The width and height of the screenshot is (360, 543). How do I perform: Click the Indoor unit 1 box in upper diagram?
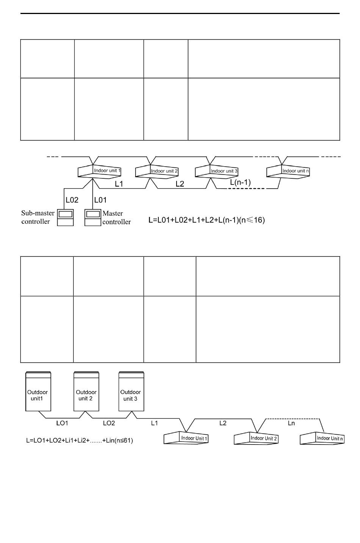point(100,171)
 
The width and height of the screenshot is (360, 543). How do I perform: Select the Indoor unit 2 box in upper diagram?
point(157,172)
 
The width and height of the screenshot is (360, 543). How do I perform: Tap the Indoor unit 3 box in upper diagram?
point(216,172)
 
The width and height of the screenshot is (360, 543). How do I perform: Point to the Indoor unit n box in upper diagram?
point(288,172)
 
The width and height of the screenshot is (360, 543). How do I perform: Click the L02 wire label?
point(72,200)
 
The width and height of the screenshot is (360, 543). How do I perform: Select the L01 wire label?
point(100,200)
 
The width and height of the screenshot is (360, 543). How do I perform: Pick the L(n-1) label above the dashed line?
point(240,182)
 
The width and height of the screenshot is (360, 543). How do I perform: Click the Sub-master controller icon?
point(65,217)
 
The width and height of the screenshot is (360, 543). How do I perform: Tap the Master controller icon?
point(92,217)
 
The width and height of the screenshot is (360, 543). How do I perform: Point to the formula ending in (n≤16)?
point(207,220)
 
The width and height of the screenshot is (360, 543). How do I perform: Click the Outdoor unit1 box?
point(38,392)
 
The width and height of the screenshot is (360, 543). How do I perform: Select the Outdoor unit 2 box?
point(86,392)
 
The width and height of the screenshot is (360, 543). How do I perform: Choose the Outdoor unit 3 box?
point(131,392)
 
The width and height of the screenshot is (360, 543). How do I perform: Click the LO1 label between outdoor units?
point(62,423)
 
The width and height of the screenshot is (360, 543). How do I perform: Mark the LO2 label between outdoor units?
point(109,423)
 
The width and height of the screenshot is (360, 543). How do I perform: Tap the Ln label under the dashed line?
point(291,423)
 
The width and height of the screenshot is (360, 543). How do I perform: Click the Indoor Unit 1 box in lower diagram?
point(186,438)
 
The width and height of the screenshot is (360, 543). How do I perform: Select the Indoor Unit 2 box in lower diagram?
point(256,439)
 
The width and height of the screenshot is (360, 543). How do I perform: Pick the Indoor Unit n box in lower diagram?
point(322,439)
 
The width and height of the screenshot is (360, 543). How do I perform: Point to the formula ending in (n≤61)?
point(80,440)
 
